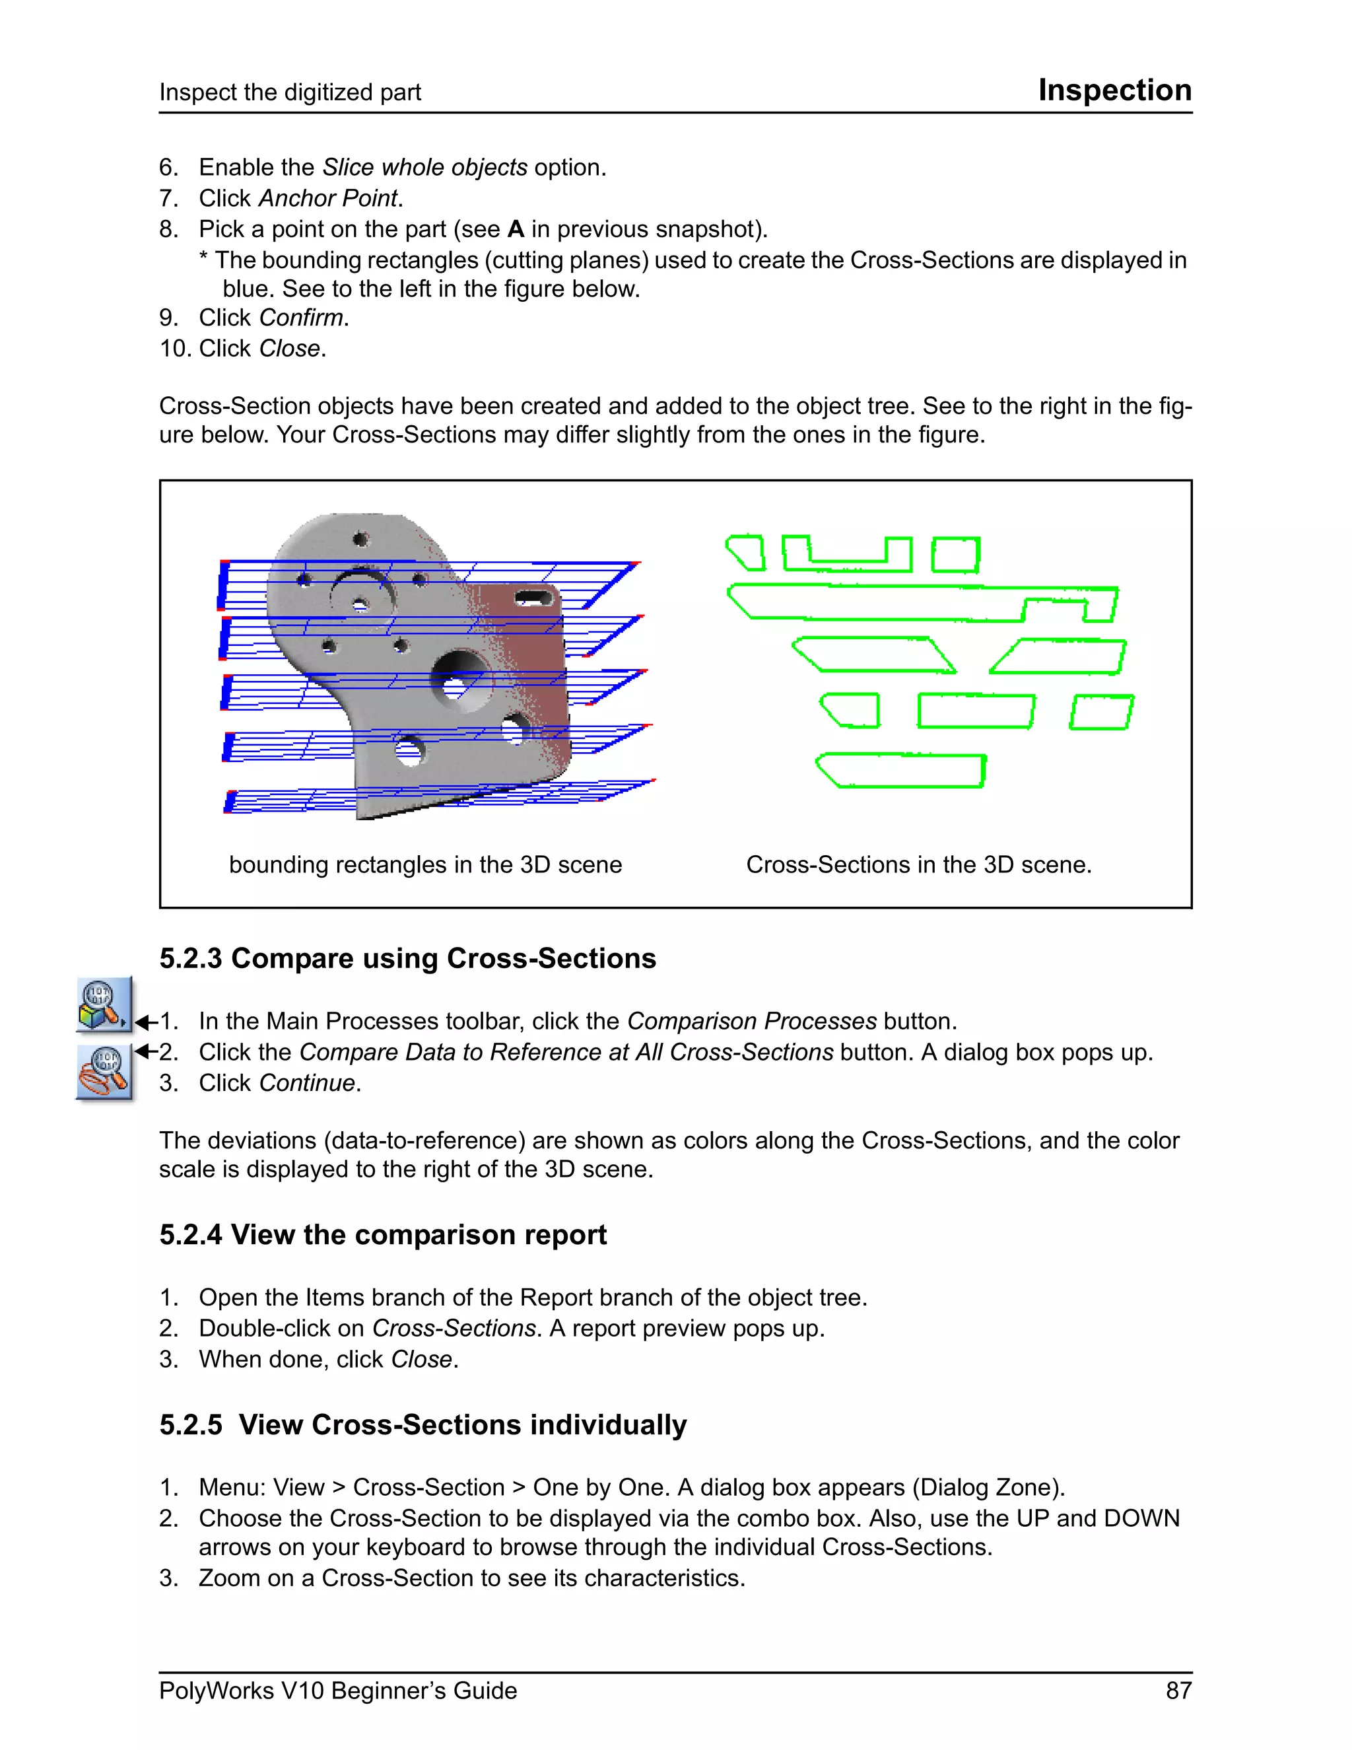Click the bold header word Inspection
pyautogui.click(x=1114, y=90)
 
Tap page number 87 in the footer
pyautogui.click(x=1178, y=1690)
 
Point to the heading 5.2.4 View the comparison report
pyautogui.click(x=382, y=1235)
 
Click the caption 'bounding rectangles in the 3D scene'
pyautogui.click(x=424, y=864)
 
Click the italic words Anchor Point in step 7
pyautogui.click(x=327, y=198)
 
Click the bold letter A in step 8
pyautogui.click(x=515, y=229)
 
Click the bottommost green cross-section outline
pyautogui.click(x=901, y=771)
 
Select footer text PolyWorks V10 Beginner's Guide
pyautogui.click(x=337, y=1690)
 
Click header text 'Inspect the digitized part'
pyautogui.click(x=289, y=92)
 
